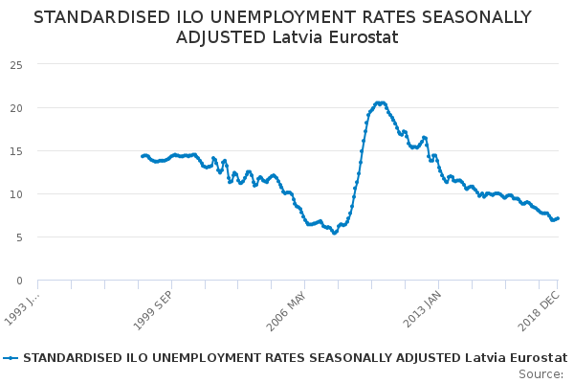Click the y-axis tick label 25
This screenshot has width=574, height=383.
point(16,65)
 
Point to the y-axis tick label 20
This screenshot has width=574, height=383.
point(16,108)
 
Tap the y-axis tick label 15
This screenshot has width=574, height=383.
point(16,151)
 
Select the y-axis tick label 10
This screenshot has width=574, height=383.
point(16,194)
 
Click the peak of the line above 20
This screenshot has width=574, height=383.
point(380,102)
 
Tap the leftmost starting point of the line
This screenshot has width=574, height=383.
point(142,156)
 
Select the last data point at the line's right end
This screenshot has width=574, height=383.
point(558,217)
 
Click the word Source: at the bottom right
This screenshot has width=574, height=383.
point(541,373)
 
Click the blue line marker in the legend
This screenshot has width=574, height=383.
point(11,358)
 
